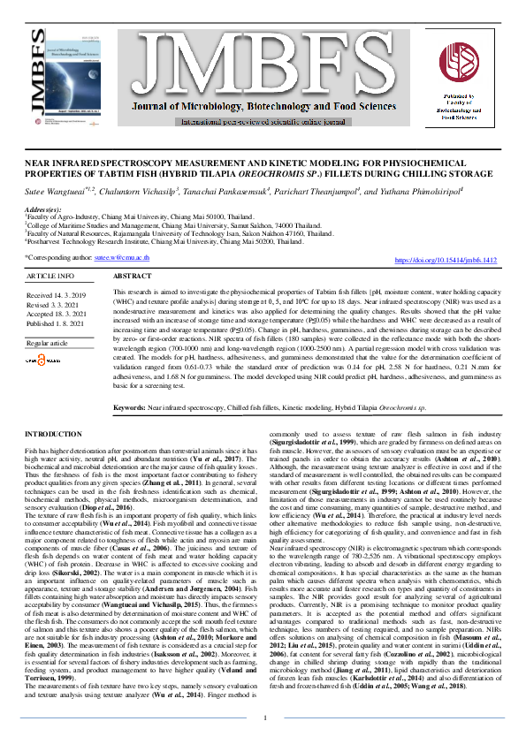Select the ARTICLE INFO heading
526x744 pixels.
point(52,277)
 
